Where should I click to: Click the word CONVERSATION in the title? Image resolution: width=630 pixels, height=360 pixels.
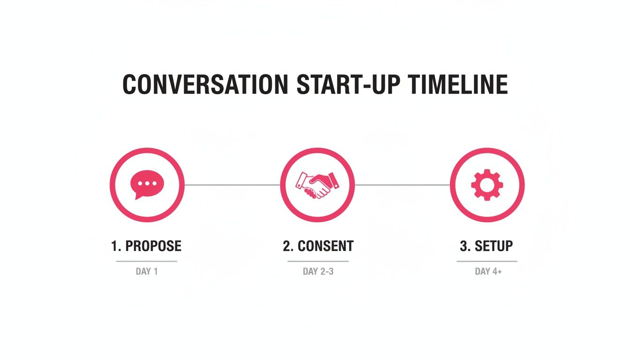(205, 84)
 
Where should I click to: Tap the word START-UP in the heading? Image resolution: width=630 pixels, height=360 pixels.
(348, 84)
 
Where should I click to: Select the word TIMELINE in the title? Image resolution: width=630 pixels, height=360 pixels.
(457, 84)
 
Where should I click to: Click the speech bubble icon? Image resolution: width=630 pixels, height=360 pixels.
(147, 185)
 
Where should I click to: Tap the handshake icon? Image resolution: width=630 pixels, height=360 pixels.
(317, 185)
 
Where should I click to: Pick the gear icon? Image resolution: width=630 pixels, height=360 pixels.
(487, 185)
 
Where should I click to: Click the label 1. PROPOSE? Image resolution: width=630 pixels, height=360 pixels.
(146, 246)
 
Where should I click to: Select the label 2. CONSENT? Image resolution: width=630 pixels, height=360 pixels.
(318, 246)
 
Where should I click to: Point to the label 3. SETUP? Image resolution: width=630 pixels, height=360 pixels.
(486, 246)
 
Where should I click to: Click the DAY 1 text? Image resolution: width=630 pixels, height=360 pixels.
(147, 271)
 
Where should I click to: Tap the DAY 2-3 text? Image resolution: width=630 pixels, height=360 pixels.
(318, 271)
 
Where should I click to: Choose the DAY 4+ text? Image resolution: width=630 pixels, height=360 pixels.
(488, 271)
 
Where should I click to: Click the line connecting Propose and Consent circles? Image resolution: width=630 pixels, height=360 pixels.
(232, 185)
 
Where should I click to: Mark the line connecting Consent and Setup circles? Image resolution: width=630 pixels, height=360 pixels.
(403, 185)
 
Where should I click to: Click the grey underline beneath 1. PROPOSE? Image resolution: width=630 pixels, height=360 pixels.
(147, 261)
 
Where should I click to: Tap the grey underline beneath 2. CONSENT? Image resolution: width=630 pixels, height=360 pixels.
(318, 261)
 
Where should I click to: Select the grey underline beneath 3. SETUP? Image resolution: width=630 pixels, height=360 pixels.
(487, 261)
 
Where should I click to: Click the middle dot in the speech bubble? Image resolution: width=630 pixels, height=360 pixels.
(147, 183)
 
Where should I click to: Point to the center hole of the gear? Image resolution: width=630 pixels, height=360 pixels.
(487, 185)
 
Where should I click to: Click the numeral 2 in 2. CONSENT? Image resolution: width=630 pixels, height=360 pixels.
(287, 246)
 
